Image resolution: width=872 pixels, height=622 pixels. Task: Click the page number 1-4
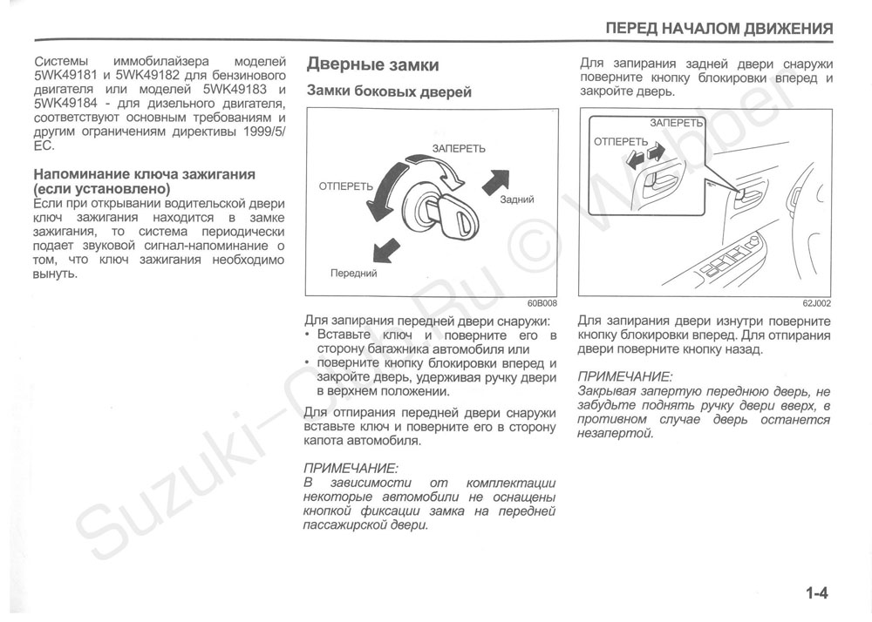click(x=816, y=594)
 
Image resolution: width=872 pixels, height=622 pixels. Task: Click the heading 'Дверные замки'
click(x=372, y=65)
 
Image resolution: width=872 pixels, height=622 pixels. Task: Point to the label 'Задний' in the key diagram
click(x=517, y=199)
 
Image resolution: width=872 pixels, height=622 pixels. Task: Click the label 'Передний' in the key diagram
click(x=353, y=273)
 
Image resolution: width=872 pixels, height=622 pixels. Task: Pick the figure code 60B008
click(x=542, y=304)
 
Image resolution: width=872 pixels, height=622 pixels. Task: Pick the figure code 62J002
click(x=817, y=304)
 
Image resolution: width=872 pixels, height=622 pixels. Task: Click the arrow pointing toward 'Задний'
click(x=494, y=181)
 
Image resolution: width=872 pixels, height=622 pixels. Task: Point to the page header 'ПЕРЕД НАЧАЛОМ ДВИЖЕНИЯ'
click(x=719, y=29)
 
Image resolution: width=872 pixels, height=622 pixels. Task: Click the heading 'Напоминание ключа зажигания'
click(x=144, y=174)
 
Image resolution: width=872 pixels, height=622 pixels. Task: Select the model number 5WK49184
click(x=64, y=104)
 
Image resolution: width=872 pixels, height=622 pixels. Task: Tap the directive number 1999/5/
click(x=260, y=132)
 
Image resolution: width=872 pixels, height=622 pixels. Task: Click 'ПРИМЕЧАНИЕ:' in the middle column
click(x=350, y=468)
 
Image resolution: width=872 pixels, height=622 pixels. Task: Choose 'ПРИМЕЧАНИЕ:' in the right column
click(x=624, y=376)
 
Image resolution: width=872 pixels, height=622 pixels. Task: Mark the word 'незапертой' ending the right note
click(x=615, y=434)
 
